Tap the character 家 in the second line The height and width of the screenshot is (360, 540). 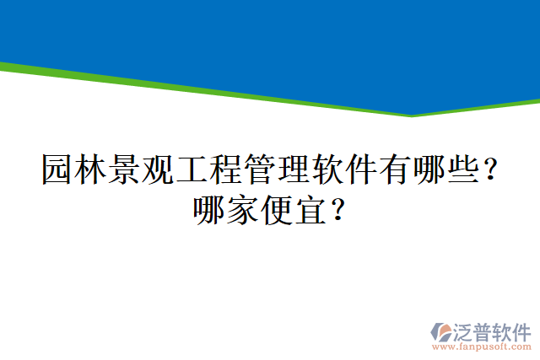coord(243,209)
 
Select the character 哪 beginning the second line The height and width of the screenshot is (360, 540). coord(209,209)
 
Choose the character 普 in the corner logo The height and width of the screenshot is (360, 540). coord(483,330)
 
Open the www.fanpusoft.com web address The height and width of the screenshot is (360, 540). coord(482,346)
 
